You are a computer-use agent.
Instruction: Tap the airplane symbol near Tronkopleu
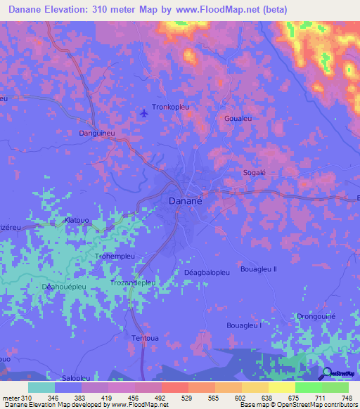(145, 112)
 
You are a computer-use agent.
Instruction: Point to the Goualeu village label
(238, 119)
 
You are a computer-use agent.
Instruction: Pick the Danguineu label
(98, 132)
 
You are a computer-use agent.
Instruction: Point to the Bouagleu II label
(259, 269)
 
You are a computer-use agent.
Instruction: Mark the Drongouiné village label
(316, 317)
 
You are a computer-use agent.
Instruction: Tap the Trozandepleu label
(132, 283)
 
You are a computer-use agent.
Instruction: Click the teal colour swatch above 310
(41, 387)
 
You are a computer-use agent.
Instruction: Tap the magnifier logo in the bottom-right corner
(326, 373)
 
